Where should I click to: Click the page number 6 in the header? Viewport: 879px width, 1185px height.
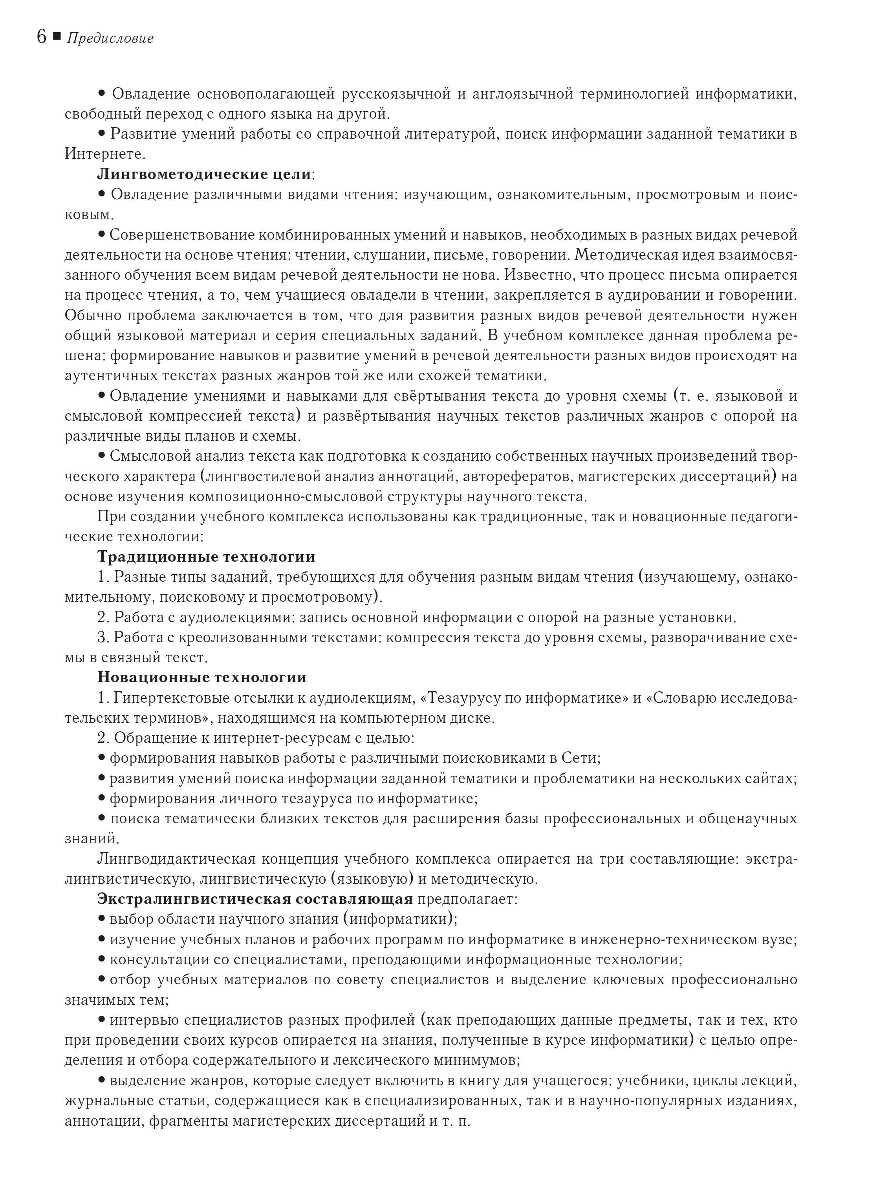(42, 37)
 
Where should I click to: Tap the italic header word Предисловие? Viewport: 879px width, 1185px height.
(110, 38)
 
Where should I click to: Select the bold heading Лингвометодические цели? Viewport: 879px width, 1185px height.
(204, 174)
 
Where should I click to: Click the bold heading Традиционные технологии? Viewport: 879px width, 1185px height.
(207, 557)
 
